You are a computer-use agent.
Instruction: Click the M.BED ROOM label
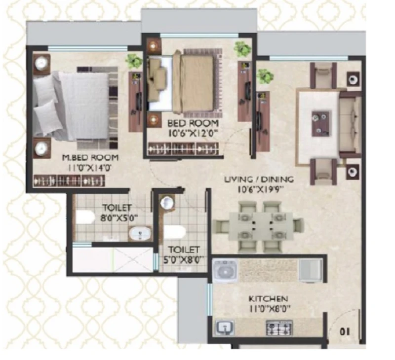point(90,157)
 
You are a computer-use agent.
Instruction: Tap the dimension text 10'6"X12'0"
point(193,133)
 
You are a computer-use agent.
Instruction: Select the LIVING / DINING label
point(259,180)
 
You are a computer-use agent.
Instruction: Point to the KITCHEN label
point(268,299)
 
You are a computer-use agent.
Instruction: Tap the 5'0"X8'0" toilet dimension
point(184,259)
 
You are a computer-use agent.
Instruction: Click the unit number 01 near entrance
point(345,332)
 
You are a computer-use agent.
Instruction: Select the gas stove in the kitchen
point(279,328)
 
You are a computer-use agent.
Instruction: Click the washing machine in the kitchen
point(225,271)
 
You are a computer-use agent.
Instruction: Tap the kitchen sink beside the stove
point(225,327)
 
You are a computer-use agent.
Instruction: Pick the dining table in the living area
point(261,226)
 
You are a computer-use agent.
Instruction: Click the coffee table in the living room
point(320,124)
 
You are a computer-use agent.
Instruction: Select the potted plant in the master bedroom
point(134,61)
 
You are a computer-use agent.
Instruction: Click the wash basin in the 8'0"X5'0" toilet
point(140,233)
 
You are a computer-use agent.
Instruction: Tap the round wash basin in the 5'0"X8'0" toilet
point(166,202)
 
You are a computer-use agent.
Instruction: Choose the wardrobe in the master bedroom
point(69,180)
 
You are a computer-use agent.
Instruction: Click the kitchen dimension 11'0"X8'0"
point(270,308)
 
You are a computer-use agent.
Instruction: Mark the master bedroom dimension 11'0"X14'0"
point(89,168)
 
